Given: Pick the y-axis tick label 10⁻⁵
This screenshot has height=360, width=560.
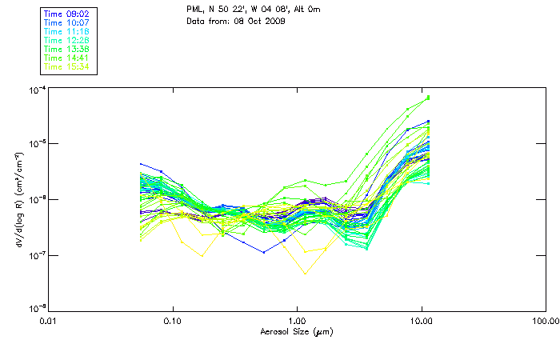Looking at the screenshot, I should (x=34, y=144).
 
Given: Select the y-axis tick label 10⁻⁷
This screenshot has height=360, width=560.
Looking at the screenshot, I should (x=34, y=254).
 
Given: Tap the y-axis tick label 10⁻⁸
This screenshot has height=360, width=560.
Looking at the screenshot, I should (x=34, y=309).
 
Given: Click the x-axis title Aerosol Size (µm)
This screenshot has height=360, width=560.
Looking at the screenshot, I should (x=296, y=331).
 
